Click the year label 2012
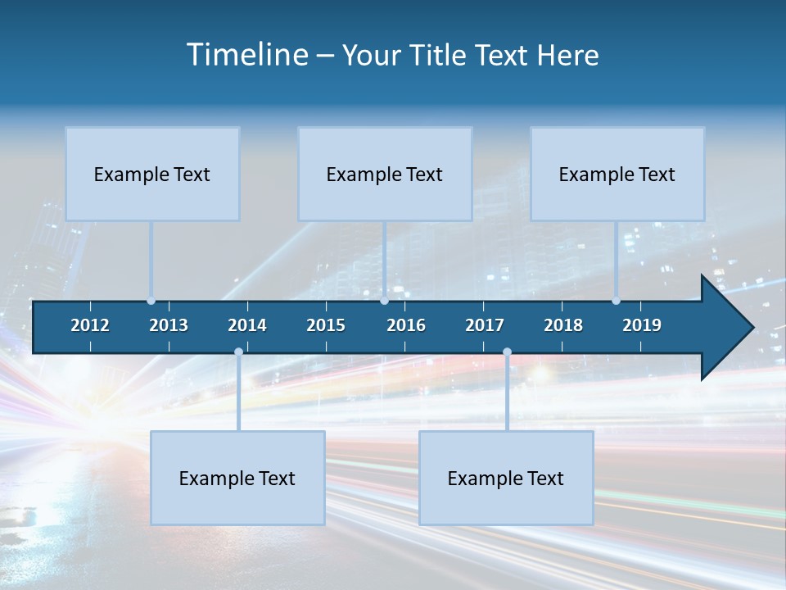tap(90, 325)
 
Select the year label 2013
tap(169, 325)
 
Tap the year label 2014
tap(247, 325)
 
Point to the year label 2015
tap(326, 325)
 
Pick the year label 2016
tap(406, 325)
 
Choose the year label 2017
tap(485, 325)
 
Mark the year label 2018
tap(563, 325)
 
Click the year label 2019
tap(642, 325)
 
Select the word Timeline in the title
tap(246, 55)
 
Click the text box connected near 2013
tap(152, 174)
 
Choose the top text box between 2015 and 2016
tap(385, 174)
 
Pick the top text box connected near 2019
tap(617, 174)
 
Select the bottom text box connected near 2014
tap(237, 478)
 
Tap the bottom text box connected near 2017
tap(506, 478)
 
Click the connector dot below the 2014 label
tap(238, 352)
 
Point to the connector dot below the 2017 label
tap(507, 352)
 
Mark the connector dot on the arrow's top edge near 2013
tap(151, 301)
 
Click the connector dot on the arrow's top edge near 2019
tap(616, 301)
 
